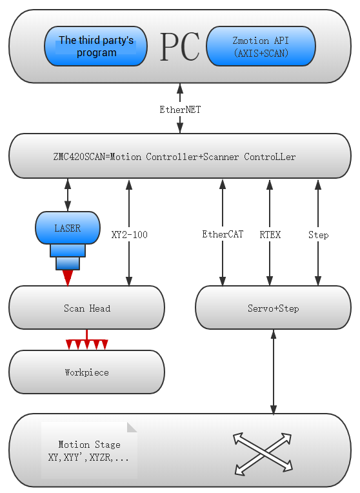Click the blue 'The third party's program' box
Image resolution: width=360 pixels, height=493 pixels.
coord(95,46)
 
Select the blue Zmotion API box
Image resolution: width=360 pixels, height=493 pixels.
coord(261,46)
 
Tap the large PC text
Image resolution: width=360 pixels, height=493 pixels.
coord(180,46)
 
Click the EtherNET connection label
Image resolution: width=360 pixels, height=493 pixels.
coord(180,110)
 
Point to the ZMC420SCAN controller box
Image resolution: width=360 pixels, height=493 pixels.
coord(180,156)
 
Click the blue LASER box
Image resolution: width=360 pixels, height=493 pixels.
coord(68,228)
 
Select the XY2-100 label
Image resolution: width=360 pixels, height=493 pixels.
coord(129,234)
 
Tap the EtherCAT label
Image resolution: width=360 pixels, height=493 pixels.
coord(223,234)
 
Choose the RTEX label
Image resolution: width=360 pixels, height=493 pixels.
coord(270,234)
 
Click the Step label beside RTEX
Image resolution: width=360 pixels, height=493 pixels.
coord(318,235)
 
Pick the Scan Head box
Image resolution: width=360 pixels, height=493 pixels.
coord(87,308)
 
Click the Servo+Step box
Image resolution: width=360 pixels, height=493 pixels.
coord(273,308)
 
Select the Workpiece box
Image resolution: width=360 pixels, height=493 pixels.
coord(87,372)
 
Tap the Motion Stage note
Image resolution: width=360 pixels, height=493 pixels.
coord(89,450)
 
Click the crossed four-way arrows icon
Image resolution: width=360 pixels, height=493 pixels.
coord(263,454)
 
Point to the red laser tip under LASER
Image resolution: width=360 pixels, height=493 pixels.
coord(68,278)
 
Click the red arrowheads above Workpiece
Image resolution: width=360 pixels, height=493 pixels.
coord(87,345)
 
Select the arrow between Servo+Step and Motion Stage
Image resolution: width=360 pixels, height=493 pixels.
coord(274,372)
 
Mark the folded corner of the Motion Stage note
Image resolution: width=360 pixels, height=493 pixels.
coord(132,427)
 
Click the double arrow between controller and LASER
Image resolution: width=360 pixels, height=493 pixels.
coord(68,195)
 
